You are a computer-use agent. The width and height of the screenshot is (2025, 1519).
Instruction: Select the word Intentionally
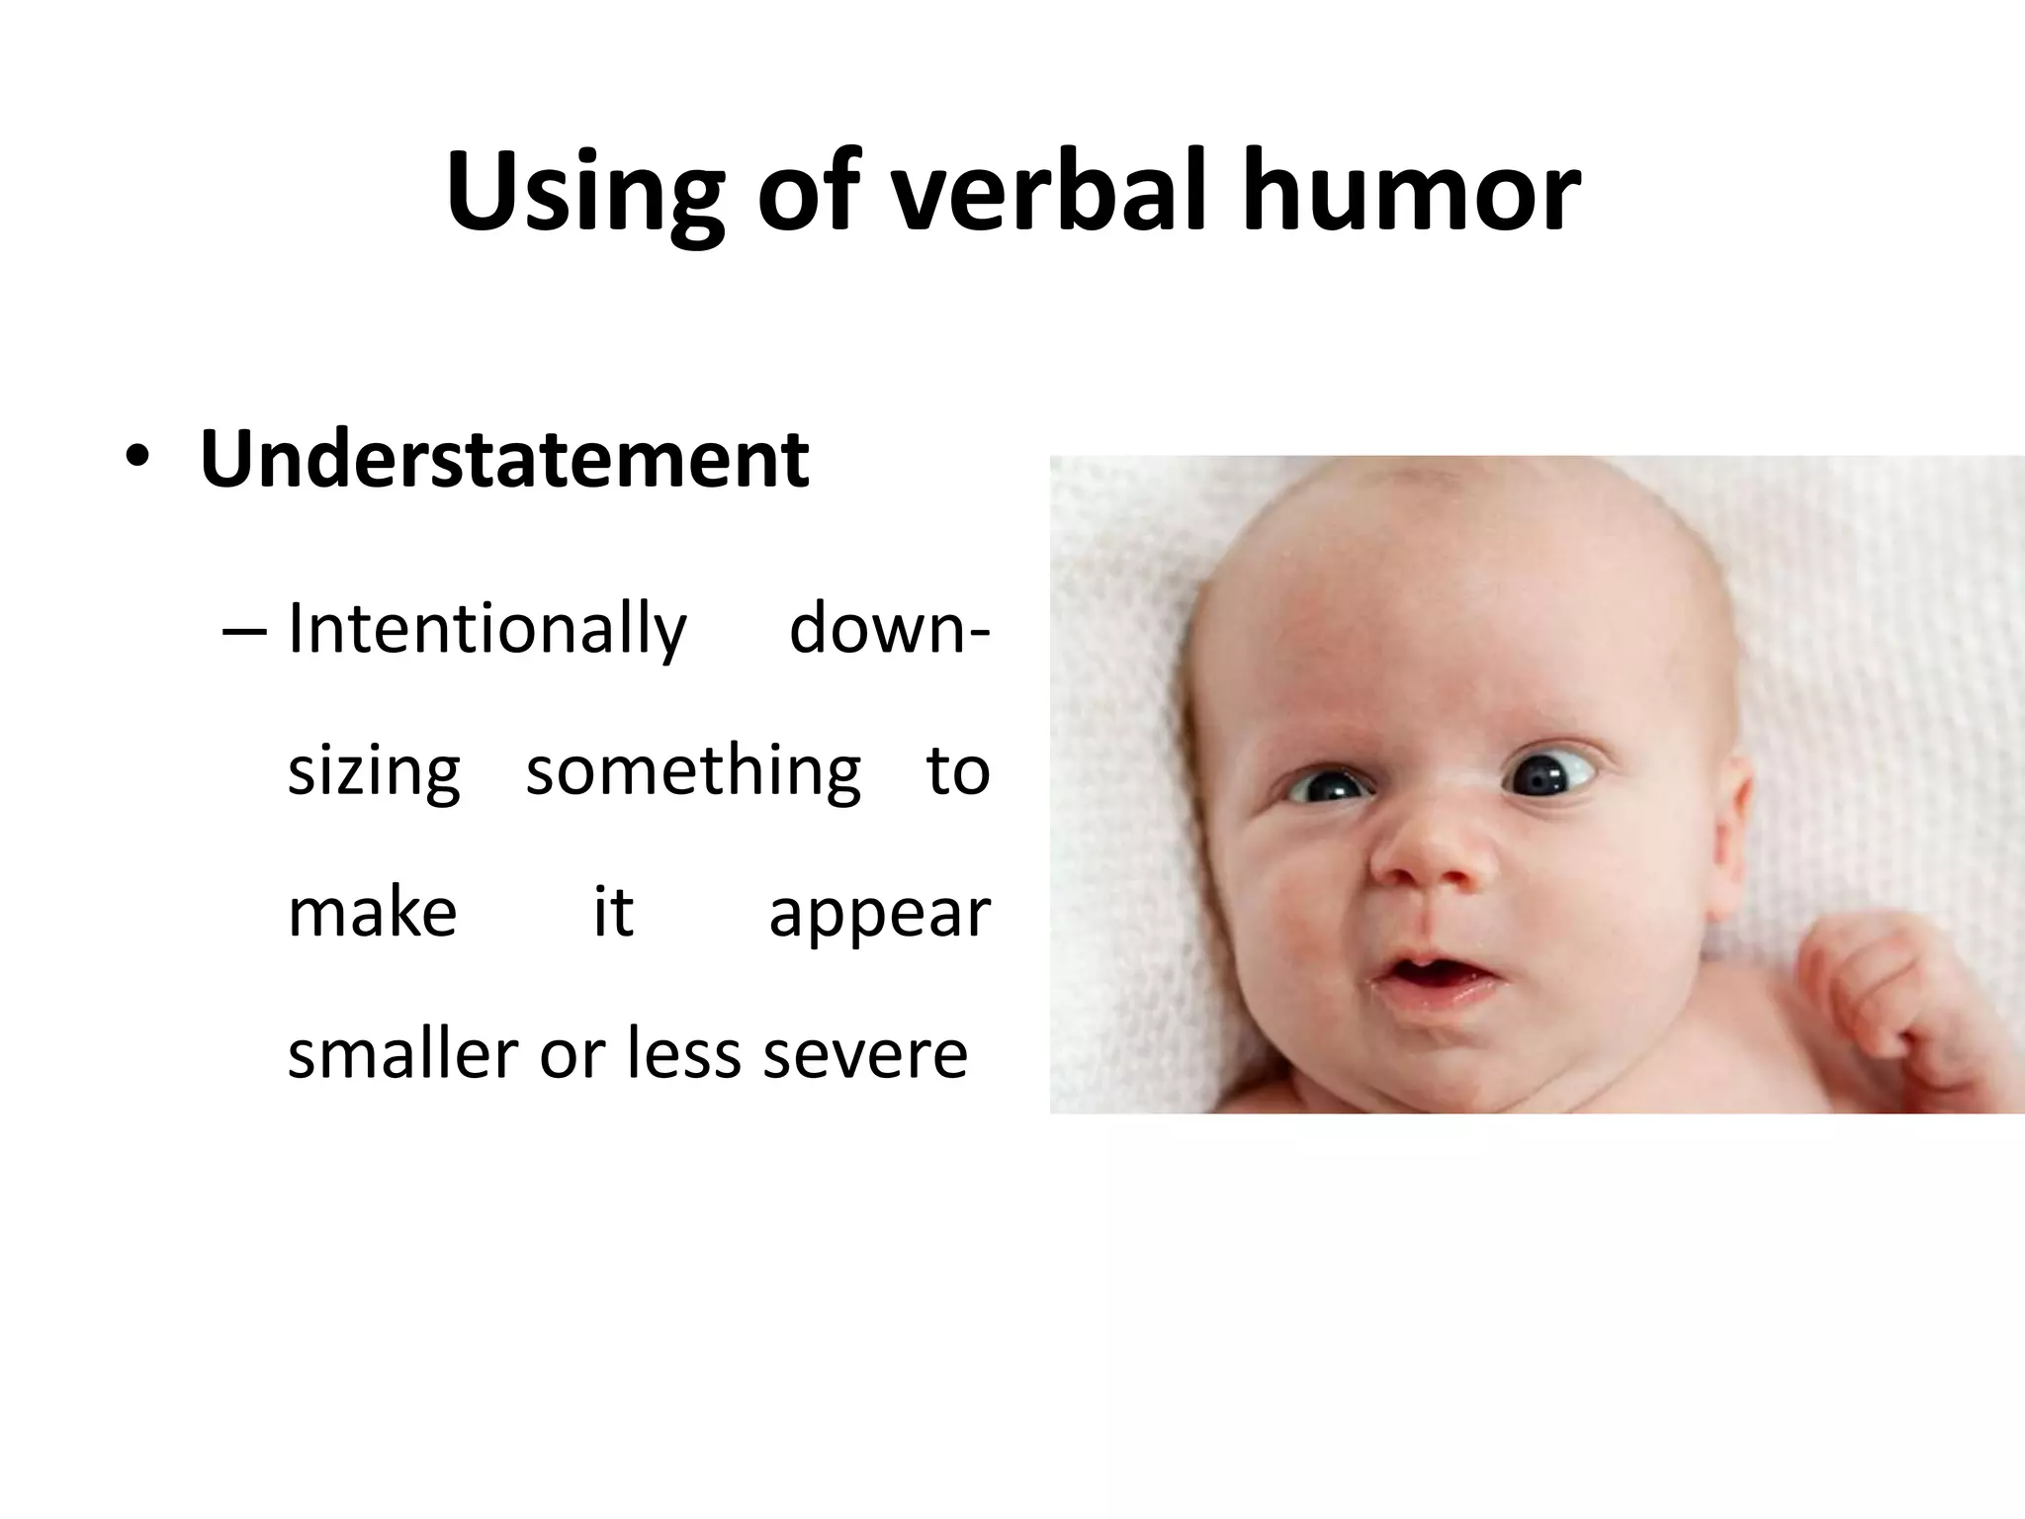(486, 631)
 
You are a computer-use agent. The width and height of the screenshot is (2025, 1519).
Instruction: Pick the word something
(693, 771)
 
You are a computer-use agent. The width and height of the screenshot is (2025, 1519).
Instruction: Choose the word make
(372, 913)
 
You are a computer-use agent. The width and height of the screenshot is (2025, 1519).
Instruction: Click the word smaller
(401, 1054)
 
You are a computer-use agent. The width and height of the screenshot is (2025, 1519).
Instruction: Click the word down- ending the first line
(889, 631)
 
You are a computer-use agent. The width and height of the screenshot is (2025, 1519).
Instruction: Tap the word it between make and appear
(613, 913)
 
